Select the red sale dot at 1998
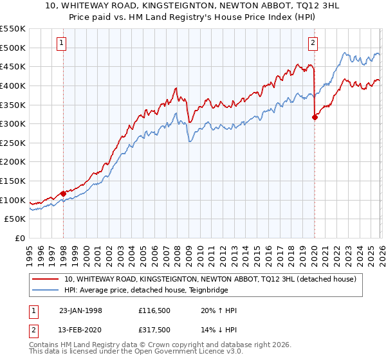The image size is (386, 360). (x=64, y=194)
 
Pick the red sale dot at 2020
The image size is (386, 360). (x=315, y=117)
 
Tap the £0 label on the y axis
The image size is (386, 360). (x=19, y=238)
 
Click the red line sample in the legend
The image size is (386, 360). (x=46, y=279)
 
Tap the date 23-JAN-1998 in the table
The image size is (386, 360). (x=80, y=310)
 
